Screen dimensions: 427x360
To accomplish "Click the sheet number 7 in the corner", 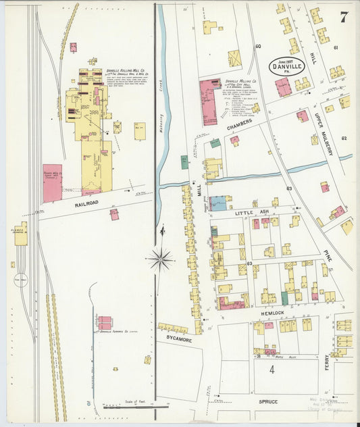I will pos(344,17).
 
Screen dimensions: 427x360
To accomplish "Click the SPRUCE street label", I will pos(268,401).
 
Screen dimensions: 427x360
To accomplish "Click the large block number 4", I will pos(272,370).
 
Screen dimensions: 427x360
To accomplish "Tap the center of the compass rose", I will pos(162,257).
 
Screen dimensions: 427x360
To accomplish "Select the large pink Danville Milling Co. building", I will pos(209,101).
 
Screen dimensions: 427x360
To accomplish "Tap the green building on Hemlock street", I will pos(284,298).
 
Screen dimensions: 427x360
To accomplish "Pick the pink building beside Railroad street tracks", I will pos(52,183).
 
